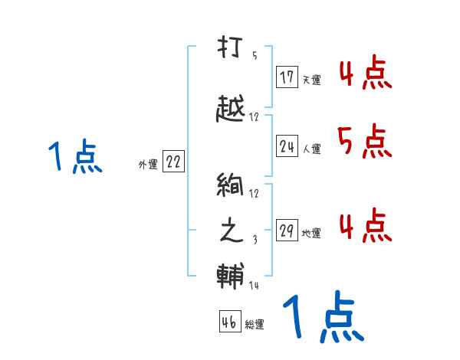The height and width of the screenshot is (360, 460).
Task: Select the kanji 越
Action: click(x=231, y=110)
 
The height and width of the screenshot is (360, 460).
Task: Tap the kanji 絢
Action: click(x=231, y=187)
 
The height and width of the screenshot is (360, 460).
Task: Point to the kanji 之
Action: click(x=231, y=232)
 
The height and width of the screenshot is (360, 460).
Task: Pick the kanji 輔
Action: click(x=231, y=275)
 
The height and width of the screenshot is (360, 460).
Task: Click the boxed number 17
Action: click(x=287, y=77)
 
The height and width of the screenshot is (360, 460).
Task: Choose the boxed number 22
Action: click(x=173, y=162)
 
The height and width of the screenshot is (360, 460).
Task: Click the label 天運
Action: click(x=311, y=80)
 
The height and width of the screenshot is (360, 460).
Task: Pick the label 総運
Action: click(x=255, y=325)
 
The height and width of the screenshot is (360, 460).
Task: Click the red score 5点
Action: click(x=364, y=140)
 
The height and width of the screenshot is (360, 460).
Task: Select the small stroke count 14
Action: click(x=255, y=286)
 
